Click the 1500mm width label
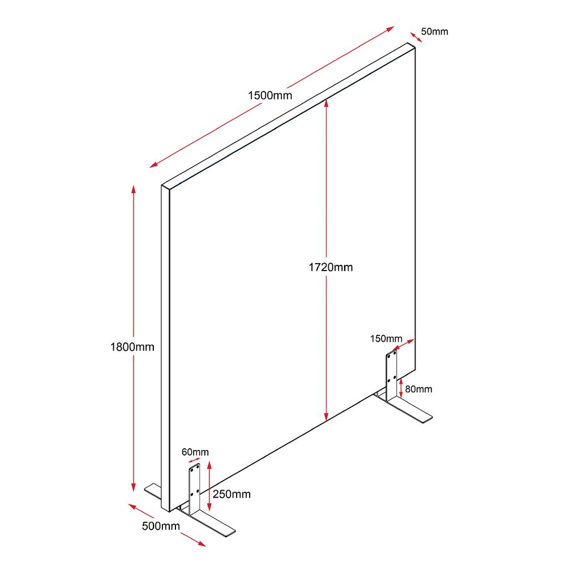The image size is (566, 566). click(269, 96)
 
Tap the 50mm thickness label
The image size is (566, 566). click(434, 31)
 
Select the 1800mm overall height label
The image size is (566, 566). click(132, 347)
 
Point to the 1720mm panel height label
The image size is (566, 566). click(331, 267)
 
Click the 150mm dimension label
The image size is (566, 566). click(386, 338)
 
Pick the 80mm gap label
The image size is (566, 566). click(418, 389)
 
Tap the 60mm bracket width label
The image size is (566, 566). click(195, 452)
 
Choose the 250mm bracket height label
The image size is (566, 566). click(231, 494)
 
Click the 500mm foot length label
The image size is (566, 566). click(161, 526)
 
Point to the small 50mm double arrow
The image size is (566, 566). click(416, 37)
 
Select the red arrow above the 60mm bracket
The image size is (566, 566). click(194, 461)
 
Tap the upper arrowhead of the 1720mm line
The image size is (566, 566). click(327, 103)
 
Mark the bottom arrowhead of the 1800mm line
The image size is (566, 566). click(134, 487)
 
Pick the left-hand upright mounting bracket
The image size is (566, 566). click(194, 490)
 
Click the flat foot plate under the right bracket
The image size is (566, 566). click(404, 408)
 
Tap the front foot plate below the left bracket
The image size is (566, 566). click(207, 522)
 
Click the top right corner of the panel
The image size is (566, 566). click(415, 48)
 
